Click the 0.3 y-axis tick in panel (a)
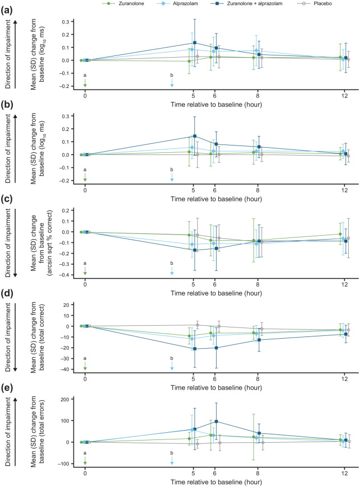pos(68,22)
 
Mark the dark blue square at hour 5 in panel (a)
pos(195,43)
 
